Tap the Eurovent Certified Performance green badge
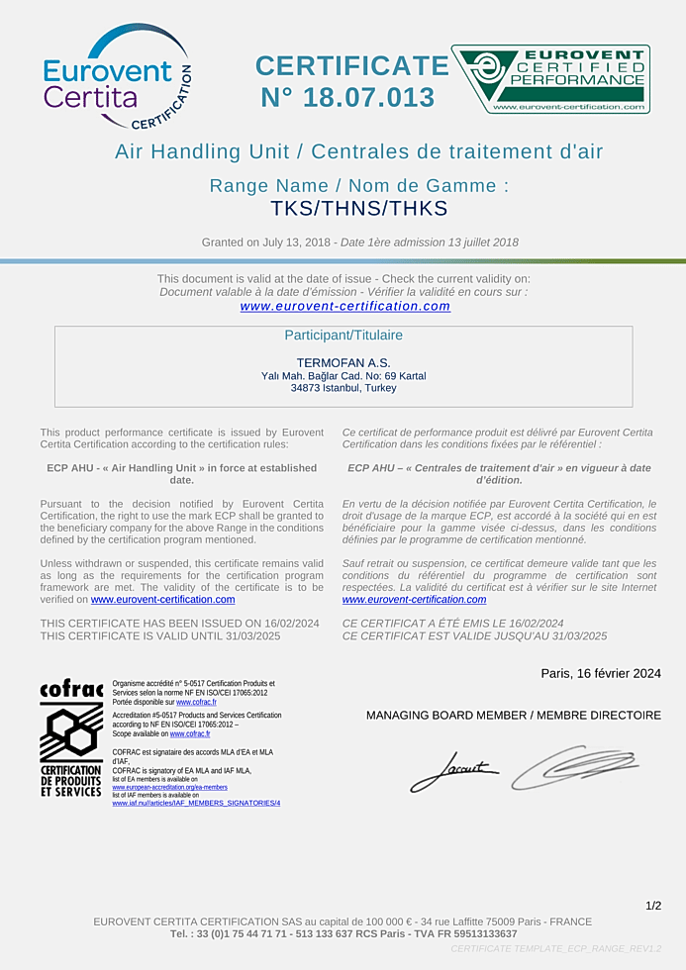click(x=550, y=78)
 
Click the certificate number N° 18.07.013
click(x=347, y=98)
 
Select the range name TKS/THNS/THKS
click(x=359, y=209)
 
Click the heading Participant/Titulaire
click(x=343, y=336)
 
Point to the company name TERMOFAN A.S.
click(x=343, y=362)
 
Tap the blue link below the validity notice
click(x=344, y=307)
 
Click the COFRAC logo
click(x=70, y=737)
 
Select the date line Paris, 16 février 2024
click(x=600, y=673)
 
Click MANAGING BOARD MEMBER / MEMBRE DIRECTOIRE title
click(x=513, y=715)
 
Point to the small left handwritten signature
click(x=453, y=771)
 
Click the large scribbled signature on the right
click(x=574, y=766)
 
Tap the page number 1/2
click(x=653, y=906)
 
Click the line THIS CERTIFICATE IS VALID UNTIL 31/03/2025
click(x=160, y=636)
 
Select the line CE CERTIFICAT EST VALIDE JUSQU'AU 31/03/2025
click(x=474, y=636)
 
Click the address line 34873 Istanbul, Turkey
click(x=343, y=388)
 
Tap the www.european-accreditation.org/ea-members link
click(x=170, y=787)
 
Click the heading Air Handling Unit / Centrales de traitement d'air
click(x=358, y=151)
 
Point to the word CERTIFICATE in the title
click(x=351, y=66)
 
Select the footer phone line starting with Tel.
click(x=343, y=933)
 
